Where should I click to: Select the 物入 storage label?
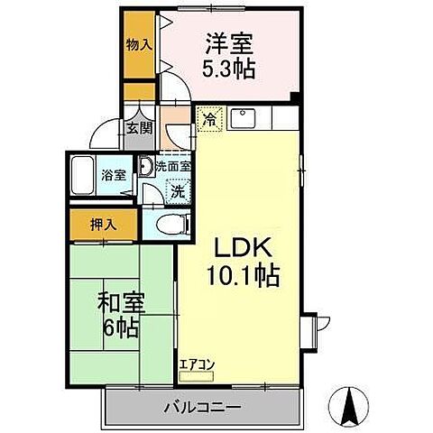138,44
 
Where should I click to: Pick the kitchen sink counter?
245,118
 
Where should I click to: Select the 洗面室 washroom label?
172,166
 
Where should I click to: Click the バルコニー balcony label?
201,407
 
